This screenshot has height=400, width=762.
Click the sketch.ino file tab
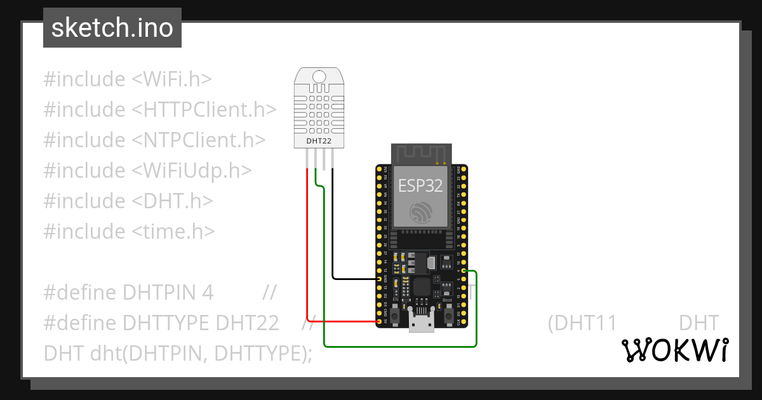(112, 28)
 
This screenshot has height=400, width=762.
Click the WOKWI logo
(674, 350)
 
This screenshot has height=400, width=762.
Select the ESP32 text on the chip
(420, 185)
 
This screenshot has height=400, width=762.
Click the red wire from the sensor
(307, 254)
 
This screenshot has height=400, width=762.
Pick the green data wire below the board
(400, 347)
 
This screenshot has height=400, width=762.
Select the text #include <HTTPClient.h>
(160, 110)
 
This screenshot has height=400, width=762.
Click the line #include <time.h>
(129, 232)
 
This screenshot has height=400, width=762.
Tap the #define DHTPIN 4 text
(128, 293)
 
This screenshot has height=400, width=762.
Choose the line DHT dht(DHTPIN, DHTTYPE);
(178, 354)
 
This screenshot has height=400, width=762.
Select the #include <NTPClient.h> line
(154, 140)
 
